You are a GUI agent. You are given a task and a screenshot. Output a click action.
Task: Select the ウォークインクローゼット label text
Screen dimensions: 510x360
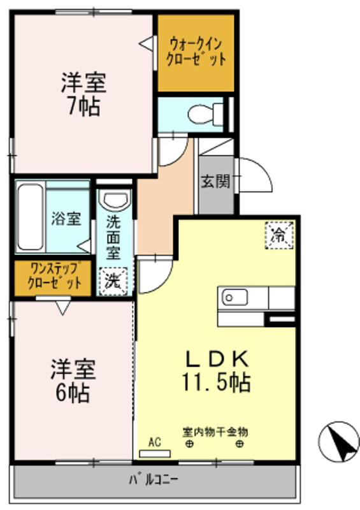click(x=196, y=52)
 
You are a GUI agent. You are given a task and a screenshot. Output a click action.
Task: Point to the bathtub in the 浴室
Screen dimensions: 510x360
click(x=30, y=217)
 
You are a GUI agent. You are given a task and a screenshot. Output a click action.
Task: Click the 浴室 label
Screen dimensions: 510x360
click(x=66, y=219)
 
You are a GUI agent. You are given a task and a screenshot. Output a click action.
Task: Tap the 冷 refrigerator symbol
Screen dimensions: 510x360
click(x=279, y=234)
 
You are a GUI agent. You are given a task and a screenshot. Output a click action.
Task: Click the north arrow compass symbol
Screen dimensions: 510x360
click(x=338, y=441)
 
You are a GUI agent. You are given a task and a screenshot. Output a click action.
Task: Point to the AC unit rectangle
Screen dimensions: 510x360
click(x=155, y=453)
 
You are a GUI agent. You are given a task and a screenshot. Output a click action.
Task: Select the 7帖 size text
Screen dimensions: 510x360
click(x=83, y=106)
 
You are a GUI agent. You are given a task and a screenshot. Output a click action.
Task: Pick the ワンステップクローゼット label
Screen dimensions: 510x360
click(x=52, y=278)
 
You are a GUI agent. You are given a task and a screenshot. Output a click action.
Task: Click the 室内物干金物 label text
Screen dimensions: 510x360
click(x=215, y=432)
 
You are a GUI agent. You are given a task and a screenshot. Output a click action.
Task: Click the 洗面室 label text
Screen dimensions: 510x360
click(x=114, y=237)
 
